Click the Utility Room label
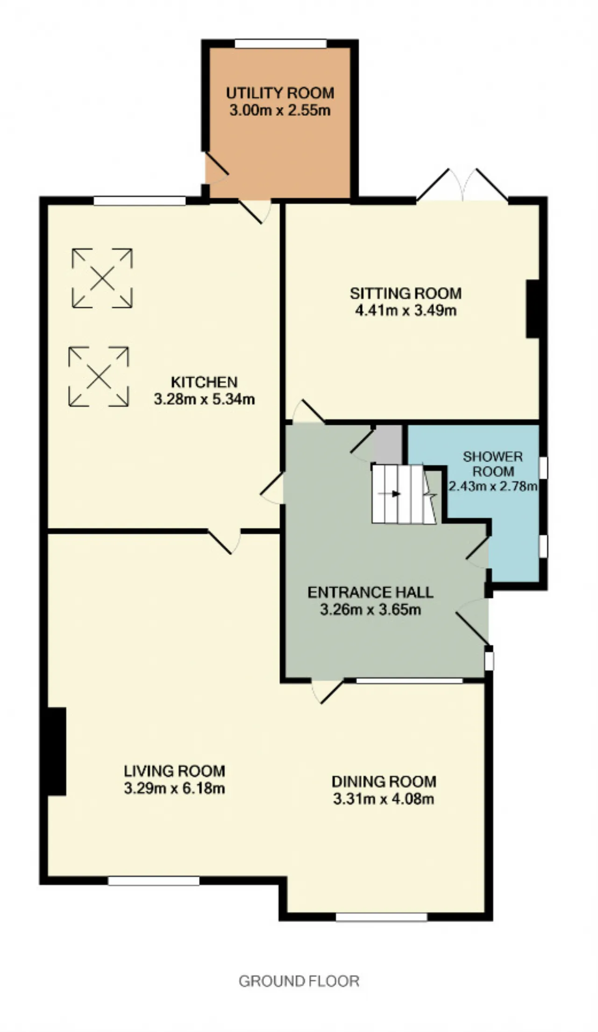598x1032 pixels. (280, 93)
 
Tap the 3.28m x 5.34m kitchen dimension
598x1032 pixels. (204, 400)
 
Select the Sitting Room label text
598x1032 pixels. (406, 293)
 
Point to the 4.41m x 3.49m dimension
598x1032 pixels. (406, 310)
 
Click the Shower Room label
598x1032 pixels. (492, 463)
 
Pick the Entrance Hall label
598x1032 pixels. (370, 592)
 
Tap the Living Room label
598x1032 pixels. (174, 771)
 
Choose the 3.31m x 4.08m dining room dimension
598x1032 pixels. (384, 799)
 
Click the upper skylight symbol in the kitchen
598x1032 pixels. (102, 278)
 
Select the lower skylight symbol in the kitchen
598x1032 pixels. (99, 376)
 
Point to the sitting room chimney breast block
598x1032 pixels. (533, 309)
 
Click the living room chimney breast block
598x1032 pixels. (57, 751)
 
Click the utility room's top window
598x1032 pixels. (280, 43)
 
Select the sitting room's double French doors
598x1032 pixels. (463, 185)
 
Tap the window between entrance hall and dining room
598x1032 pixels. (409, 681)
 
